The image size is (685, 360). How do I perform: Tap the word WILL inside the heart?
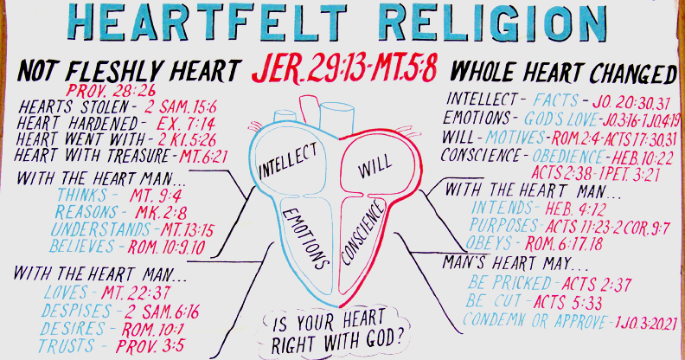click(x=375, y=166)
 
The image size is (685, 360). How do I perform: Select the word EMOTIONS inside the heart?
click(x=305, y=239)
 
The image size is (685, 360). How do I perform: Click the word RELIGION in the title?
click(x=492, y=22)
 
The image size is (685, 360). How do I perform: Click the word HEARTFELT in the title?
click(x=208, y=22)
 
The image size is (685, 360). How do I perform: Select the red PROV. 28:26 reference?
click(x=111, y=91)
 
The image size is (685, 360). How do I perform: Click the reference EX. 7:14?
click(x=186, y=124)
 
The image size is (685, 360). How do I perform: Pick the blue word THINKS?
click(x=82, y=195)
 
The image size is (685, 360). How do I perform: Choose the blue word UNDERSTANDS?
click(x=100, y=229)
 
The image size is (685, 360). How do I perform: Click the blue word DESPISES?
click(x=77, y=311)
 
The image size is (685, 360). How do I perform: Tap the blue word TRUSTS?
click(x=66, y=345)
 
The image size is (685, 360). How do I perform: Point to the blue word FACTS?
click(x=555, y=100)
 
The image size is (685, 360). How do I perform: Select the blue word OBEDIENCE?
click(x=568, y=156)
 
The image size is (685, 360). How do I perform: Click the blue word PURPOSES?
click(x=503, y=225)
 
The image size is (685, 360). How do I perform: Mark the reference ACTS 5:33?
click(x=568, y=302)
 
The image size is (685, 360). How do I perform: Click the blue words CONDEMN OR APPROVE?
click(x=535, y=321)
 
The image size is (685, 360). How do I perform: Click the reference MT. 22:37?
click(x=136, y=292)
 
